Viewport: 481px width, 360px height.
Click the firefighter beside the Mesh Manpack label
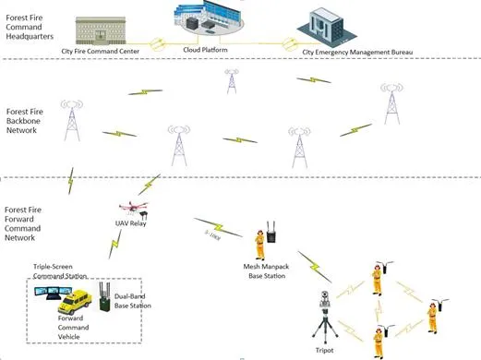pos(262,245)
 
